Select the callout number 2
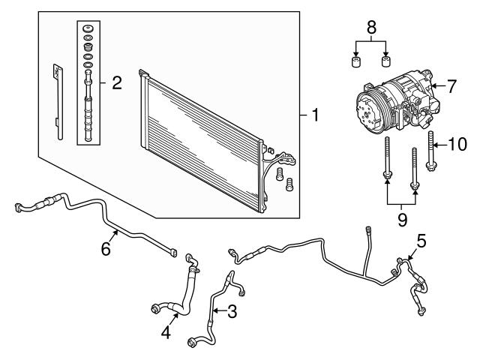(x=116, y=82)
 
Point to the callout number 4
(x=166, y=331)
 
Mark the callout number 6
(x=106, y=247)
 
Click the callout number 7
(x=451, y=87)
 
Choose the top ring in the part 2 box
(x=89, y=29)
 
